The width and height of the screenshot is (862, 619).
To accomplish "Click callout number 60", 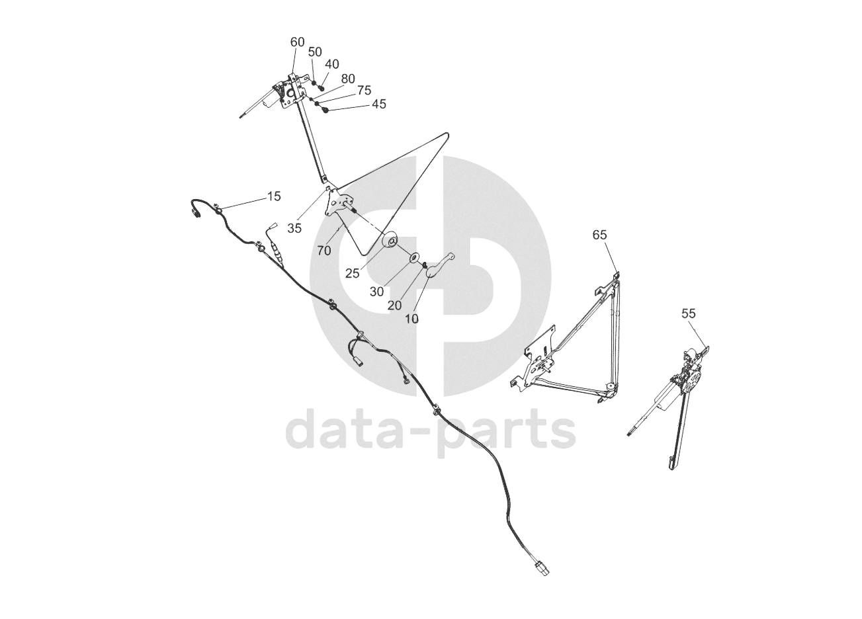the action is pos(298,42).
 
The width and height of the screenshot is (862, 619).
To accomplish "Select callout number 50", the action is pos(315,52).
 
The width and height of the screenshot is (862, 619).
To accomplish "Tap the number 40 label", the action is pos(332,64).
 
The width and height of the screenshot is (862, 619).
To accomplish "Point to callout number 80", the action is pos(348,78).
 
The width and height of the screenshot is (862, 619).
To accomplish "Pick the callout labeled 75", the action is pos(364,91).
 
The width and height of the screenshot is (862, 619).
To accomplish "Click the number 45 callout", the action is pos(379,104).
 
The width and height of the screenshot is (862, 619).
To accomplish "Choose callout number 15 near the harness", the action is pos(274,196).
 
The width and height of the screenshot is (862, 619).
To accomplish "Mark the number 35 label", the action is pos(294,228).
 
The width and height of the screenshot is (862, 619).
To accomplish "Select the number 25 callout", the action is pos(353,272).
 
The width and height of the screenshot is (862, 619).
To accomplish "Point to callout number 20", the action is pos(394,305).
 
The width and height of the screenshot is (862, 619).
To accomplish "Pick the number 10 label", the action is pos(411,318).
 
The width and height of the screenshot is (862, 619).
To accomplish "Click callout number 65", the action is pos(599,235).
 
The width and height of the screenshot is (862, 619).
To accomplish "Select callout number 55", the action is pos(689,314).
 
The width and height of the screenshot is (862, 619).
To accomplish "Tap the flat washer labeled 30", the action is pos(414,257).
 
